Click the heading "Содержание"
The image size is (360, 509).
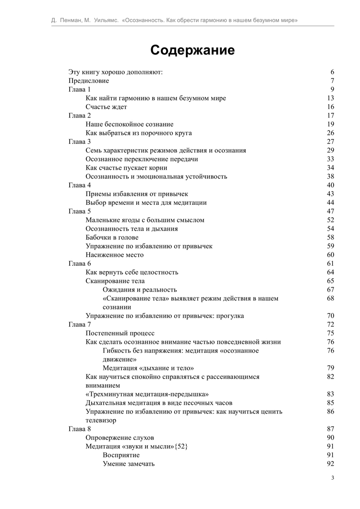(192, 50)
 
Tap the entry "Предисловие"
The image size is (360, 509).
(89, 81)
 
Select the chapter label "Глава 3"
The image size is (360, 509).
(80, 142)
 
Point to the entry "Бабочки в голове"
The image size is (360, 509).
(112, 237)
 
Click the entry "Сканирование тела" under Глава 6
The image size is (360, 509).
(115, 281)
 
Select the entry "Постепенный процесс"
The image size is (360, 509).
(120, 333)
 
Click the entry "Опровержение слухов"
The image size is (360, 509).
(120, 438)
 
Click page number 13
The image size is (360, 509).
(330, 98)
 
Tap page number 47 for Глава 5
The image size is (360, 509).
(330, 211)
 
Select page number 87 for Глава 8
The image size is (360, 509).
(330, 429)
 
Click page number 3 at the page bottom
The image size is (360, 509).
(333, 478)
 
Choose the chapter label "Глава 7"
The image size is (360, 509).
(80, 324)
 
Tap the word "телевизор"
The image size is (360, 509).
(101, 420)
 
